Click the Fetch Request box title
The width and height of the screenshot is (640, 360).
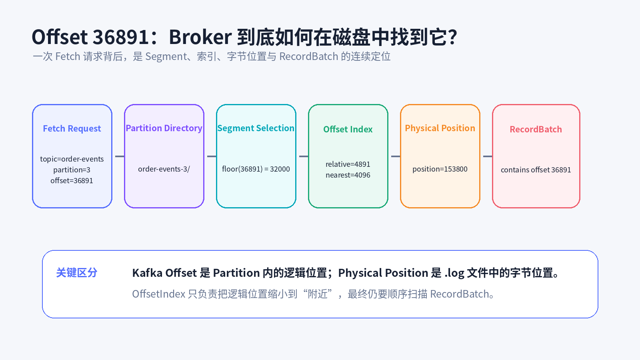point(72,128)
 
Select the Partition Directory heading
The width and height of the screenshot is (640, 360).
point(164,128)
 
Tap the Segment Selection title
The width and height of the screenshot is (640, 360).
point(256,128)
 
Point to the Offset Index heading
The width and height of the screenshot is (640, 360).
point(348,129)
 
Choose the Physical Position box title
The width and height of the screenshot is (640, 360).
point(440,128)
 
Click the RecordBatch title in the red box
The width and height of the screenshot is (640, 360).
point(536,129)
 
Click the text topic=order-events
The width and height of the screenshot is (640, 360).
point(72,159)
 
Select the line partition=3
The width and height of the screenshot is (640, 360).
point(72,170)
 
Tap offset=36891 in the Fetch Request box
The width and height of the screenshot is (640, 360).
point(72,180)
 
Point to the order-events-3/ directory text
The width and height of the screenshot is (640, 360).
point(164,169)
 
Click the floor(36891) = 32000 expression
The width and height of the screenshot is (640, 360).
point(256,169)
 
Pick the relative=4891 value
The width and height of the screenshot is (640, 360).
point(348,164)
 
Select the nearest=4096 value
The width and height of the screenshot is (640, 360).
point(348,175)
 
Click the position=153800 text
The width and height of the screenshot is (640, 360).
point(440,169)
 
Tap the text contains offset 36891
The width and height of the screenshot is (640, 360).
point(536,170)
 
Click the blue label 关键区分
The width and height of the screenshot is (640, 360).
point(77,272)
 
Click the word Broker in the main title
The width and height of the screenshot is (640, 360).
point(200,37)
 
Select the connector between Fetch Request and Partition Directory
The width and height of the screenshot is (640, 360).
point(120,156)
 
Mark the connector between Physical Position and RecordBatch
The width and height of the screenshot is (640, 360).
point(488,156)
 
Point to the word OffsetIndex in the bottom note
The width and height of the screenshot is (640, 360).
point(158,294)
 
